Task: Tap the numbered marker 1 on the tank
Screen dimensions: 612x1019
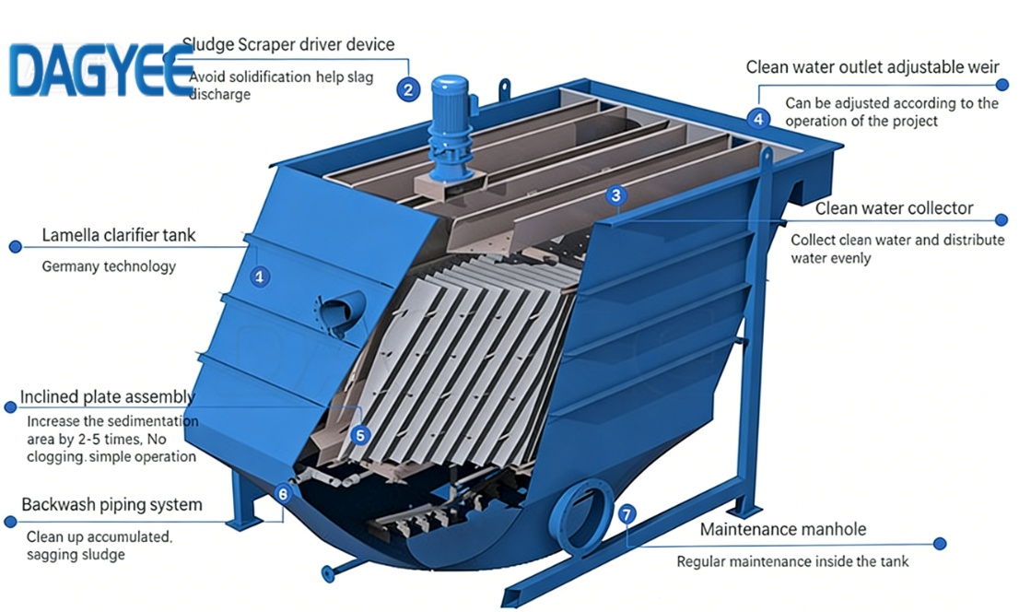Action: (261, 276)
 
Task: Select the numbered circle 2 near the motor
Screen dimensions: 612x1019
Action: (408, 89)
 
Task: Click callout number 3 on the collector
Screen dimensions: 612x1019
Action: (616, 194)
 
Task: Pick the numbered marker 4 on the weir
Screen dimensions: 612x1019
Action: (758, 118)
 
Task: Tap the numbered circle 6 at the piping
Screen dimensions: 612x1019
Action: (283, 494)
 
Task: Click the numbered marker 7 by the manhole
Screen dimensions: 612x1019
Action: (627, 514)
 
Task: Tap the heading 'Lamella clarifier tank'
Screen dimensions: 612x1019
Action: (118, 236)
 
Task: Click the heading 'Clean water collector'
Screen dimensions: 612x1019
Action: (894, 208)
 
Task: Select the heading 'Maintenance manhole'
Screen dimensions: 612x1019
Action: (782, 530)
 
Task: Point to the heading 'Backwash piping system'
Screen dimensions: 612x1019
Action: (111, 505)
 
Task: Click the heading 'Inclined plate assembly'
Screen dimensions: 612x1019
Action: (107, 397)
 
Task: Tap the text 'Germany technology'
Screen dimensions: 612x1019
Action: (109, 266)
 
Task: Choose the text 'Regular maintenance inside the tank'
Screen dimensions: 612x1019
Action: (792, 561)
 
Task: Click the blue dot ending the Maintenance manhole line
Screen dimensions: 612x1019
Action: (940, 544)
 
